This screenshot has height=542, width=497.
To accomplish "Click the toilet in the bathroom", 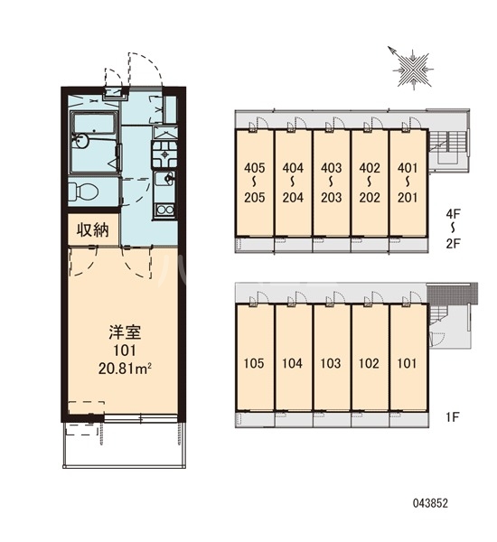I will pyautogui.click(x=84, y=191).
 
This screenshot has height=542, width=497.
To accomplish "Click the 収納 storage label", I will pyautogui.click(x=91, y=230).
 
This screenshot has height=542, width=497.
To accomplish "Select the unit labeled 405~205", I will pyautogui.click(x=254, y=182).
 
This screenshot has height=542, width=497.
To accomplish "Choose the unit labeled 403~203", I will pyautogui.click(x=330, y=182).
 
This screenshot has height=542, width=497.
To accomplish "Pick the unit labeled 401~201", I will pyautogui.click(x=408, y=182).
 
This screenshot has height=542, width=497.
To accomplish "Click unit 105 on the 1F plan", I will pyautogui.click(x=254, y=363).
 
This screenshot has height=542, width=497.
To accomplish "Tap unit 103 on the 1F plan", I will pyautogui.click(x=330, y=363).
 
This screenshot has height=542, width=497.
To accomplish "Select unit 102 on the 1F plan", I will pyautogui.click(x=369, y=363).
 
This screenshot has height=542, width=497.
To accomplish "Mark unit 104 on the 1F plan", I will pyautogui.click(x=292, y=363).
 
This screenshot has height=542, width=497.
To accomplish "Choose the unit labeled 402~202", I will pyautogui.click(x=369, y=182).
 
